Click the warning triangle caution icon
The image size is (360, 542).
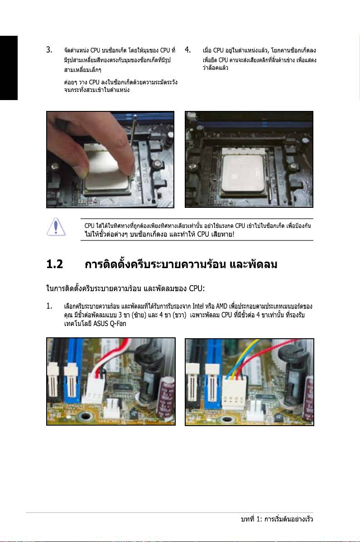(56, 227)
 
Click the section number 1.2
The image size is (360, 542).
(55, 264)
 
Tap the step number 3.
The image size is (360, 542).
(49, 50)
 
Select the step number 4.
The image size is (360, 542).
(188, 50)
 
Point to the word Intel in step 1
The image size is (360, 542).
(198, 306)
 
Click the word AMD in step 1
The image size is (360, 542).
(222, 306)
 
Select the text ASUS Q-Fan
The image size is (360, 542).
(110, 324)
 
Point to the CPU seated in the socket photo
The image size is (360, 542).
(244, 173)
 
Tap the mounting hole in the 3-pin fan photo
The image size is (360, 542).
(85, 416)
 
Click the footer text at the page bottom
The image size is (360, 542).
(277, 519)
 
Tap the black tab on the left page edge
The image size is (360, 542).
(9, 68)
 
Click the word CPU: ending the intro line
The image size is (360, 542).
(197, 288)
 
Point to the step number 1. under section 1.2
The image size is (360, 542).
(49, 306)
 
